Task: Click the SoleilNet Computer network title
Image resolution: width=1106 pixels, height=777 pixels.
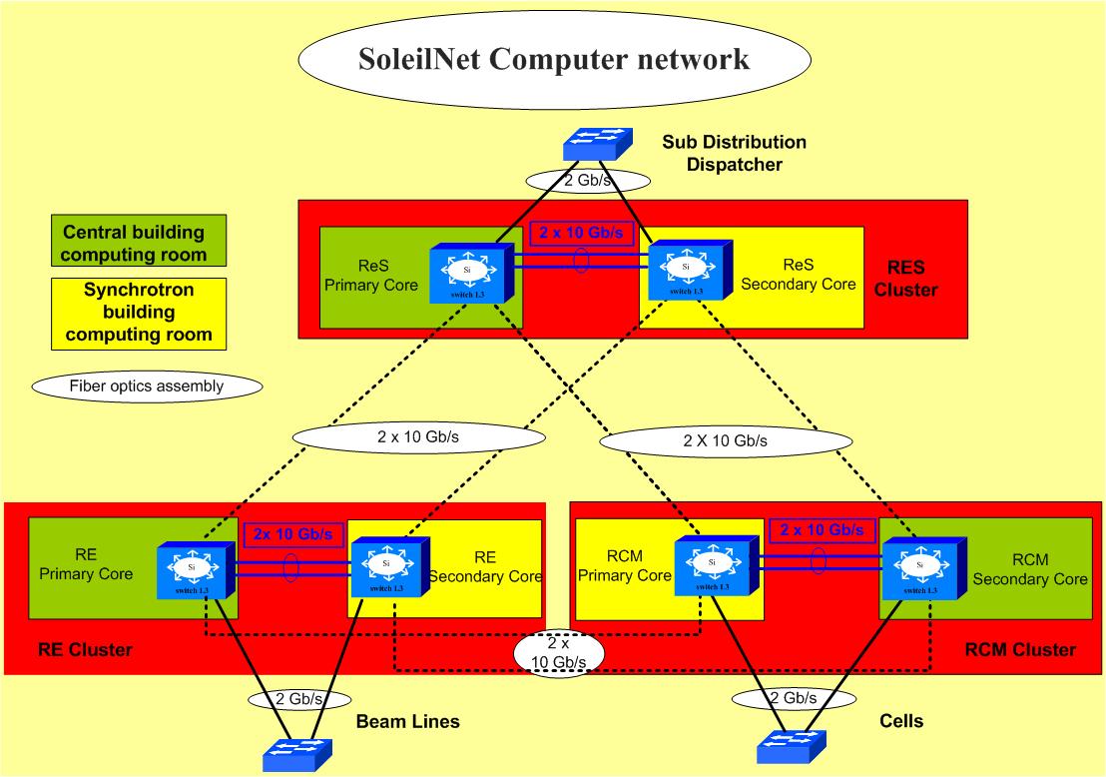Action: click(553, 60)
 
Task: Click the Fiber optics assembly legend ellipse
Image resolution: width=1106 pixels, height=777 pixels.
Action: click(147, 386)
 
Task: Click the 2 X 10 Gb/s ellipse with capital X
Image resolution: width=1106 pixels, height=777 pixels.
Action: click(727, 439)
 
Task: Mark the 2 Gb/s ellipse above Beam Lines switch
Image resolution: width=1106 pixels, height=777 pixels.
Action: click(298, 699)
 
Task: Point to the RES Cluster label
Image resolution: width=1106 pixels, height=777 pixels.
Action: click(913, 279)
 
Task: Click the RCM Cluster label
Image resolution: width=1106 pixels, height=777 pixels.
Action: click(1020, 650)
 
